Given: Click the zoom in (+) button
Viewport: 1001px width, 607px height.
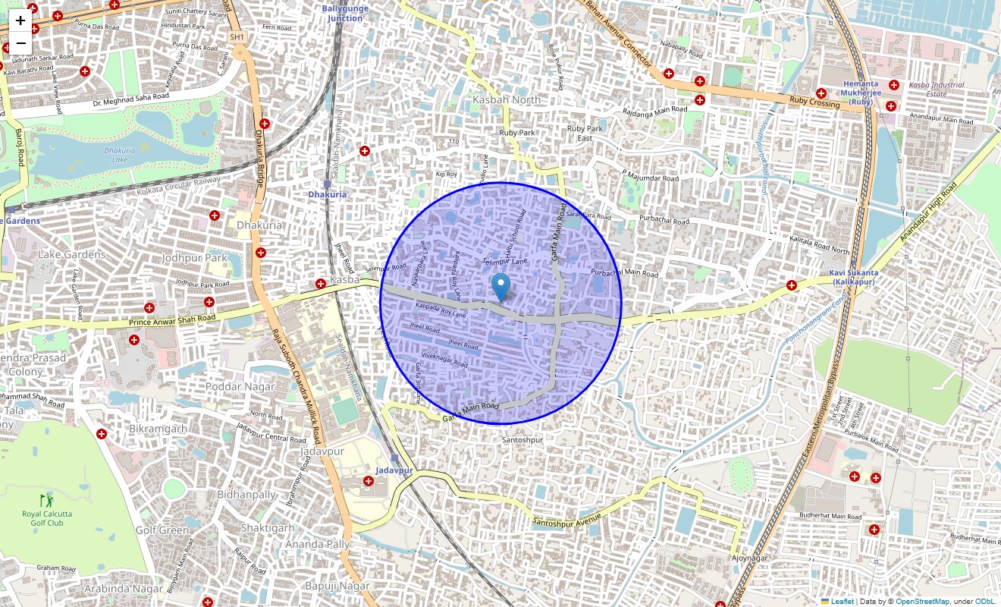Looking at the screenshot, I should pyautogui.click(x=20, y=20).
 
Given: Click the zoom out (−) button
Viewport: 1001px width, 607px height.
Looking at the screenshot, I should pyautogui.click(x=20, y=43).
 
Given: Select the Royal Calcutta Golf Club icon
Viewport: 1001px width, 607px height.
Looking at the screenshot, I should pyautogui.click(x=48, y=501).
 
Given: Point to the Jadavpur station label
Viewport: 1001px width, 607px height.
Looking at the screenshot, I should pyautogui.click(x=394, y=470).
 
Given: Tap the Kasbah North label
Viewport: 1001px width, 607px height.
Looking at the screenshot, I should pyautogui.click(x=507, y=99).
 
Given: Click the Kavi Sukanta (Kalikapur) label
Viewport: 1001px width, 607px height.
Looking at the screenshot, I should pyautogui.click(x=853, y=277).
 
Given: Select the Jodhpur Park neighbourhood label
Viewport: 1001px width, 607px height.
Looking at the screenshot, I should pyautogui.click(x=195, y=258).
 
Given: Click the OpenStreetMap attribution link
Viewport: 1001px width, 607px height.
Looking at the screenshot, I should pyautogui.click(x=921, y=602).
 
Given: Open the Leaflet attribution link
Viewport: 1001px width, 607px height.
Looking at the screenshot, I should pyautogui.click(x=842, y=602).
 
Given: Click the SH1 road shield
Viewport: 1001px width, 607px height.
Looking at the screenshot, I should pyautogui.click(x=237, y=36).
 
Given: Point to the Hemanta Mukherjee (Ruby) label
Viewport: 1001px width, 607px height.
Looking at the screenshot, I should pyautogui.click(x=860, y=92).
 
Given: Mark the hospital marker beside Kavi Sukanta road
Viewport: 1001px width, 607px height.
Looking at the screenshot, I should pyautogui.click(x=792, y=285).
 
